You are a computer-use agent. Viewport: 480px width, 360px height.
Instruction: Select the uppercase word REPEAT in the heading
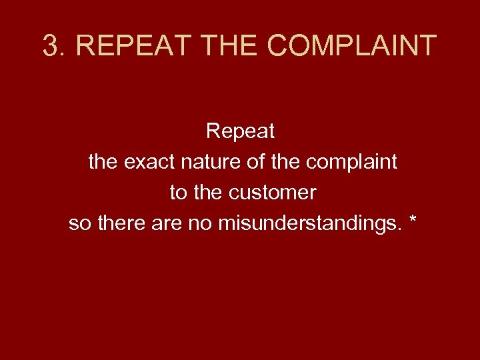click(x=119, y=46)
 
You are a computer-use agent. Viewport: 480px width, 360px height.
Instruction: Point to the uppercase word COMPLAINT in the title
click(x=351, y=46)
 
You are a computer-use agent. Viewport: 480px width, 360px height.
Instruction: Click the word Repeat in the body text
click(x=240, y=132)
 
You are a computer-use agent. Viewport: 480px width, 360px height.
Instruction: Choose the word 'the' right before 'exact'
click(x=103, y=162)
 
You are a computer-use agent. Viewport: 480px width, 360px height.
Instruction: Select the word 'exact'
click(x=145, y=162)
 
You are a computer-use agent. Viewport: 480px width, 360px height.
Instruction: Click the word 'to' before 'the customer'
click(x=178, y=193)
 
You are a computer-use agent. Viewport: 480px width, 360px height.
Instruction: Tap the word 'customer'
click(x=273, y=193)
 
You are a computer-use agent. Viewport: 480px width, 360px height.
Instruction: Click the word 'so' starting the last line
click(x=79, y=223)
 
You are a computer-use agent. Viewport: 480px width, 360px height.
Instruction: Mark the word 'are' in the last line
click(x=167, y=223)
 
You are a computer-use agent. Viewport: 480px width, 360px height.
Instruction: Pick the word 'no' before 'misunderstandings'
click(x=201, y=223)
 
